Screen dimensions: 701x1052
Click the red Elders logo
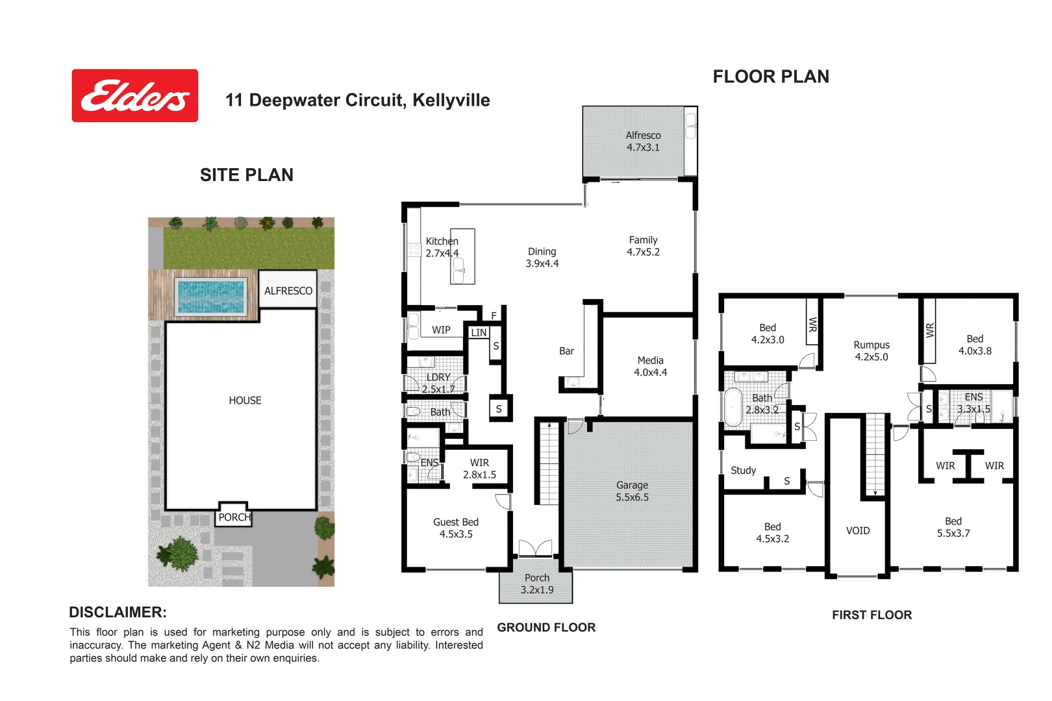click(134, 95)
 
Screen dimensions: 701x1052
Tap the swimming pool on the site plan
click(211, 296)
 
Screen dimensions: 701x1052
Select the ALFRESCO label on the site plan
click(288, 291)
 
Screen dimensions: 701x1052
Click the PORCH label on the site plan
click(234, 517)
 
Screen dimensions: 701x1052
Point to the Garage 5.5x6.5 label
click(632, 491)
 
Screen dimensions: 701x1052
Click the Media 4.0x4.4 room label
click(650, 366)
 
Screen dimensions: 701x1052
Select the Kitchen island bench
click(462, 256)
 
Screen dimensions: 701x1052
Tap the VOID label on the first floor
click(857, 531)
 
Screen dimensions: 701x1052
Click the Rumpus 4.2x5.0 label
click(871, 351)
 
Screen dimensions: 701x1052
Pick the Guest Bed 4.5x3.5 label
click(456, 528)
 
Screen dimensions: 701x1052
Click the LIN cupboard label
click(479, 332)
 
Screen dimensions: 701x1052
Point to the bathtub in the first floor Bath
click(733, 407)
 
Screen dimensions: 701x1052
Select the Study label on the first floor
click(743, 471)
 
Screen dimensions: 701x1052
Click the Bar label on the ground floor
click(566, 351)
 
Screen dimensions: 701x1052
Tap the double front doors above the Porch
click(535, 548)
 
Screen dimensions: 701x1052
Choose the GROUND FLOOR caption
click(546, 628)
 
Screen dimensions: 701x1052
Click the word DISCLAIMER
click(118, 612)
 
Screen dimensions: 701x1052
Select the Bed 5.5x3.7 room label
click(953, 527)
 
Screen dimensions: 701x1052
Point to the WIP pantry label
click(441, 330)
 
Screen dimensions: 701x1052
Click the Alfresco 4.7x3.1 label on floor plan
click(643, 141)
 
